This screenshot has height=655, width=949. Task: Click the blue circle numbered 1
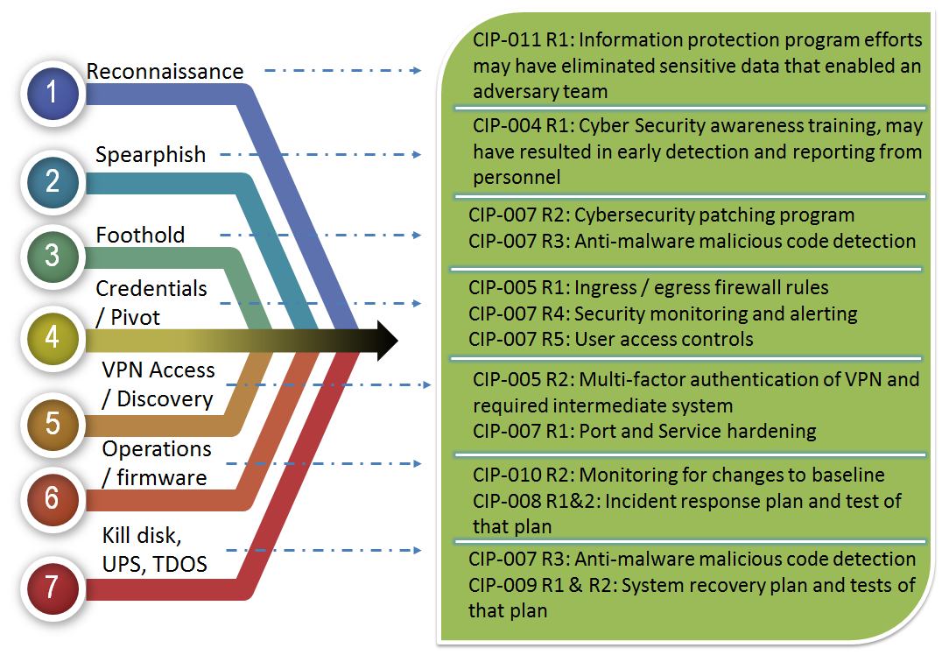coord(53,93)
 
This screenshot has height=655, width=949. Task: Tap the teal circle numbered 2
coord(53,181)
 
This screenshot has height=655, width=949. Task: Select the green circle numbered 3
coord(53,256)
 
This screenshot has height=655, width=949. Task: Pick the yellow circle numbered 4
coord(53,338)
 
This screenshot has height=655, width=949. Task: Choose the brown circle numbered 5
coord(53,423)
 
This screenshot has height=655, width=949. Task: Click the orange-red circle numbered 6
coord(53,498)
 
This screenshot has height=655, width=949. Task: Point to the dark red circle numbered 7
coord(53,588)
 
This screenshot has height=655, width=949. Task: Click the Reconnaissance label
coord(165,72)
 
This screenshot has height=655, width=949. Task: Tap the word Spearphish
coord(151,155)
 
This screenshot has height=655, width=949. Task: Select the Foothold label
coord(140,235)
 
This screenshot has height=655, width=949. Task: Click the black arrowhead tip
coord(397,341)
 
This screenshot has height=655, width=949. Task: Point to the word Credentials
coord(151,289)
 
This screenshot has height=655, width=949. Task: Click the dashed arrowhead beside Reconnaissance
coord(416,71)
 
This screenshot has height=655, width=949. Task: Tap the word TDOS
coord(179,564)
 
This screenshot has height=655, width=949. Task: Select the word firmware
coord(162,477)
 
